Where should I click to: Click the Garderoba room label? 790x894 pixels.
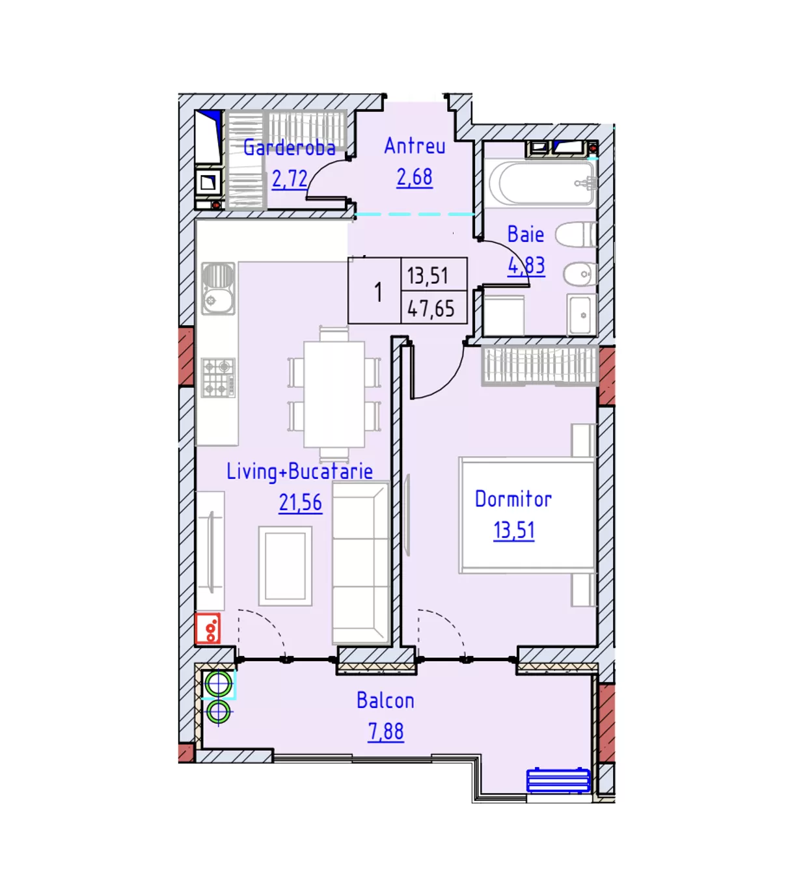(289, 148)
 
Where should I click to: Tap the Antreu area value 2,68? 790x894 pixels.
(415, 178)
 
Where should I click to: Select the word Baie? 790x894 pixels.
(526, 234)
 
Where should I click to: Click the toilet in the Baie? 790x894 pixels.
(576, 235)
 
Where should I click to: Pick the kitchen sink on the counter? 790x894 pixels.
(218, 289)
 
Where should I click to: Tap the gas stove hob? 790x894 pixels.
(218, 378)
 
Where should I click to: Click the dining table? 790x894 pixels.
(334, 394)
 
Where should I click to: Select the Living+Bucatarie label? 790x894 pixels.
(300, 471)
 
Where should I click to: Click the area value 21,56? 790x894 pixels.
(300, 502)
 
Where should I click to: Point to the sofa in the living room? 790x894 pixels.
(361, 563)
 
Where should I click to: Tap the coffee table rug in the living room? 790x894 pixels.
(285, 566)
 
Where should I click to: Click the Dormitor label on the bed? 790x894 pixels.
(513, 500)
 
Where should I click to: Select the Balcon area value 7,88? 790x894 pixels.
(386, 731)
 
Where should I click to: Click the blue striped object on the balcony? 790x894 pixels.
(558, 781)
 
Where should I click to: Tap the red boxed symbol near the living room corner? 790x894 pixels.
(208, 629)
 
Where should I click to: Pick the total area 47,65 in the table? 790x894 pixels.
(431, 308)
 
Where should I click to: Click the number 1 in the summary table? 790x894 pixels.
(378, 292)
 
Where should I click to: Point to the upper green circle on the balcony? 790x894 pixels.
(218, 685)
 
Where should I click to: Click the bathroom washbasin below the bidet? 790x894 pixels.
(582, 315)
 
